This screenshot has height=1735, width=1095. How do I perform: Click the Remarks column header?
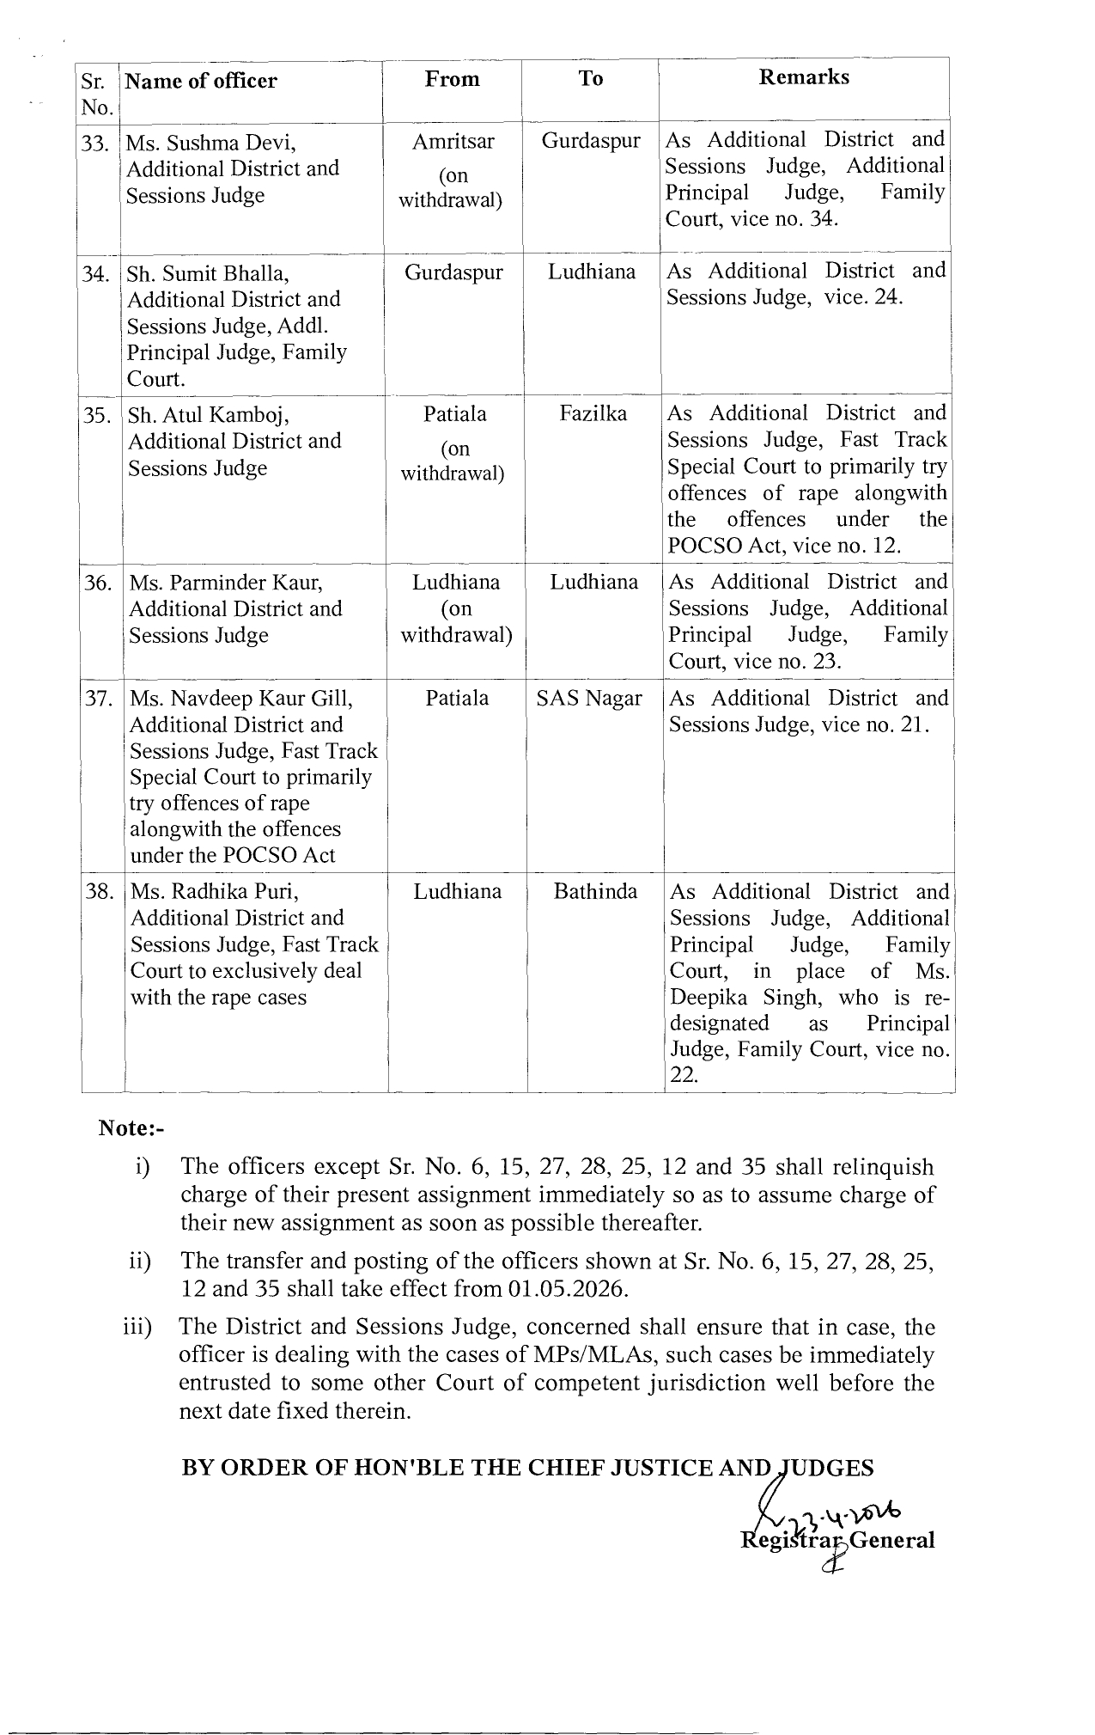pyautogui.click(x=804, y=77)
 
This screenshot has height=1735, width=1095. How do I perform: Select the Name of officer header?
pyautogui.click(x=202, y=81)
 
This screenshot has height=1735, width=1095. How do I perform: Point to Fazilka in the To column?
pyautogui.click(x=593, y=413)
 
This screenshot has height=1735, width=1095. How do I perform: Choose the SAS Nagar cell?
pyautogui.click(x=589, y=699)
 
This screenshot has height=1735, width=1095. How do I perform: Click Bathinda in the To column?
pyautogui.click(x=595, y=891)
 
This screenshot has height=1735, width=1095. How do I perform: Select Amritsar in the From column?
pyautogui.click(x=453, y=141)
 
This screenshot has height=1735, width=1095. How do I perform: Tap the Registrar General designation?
pyautogui.click(x=837, y=1540)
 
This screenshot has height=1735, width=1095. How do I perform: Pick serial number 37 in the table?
pyautogui.click(x=100, y=699)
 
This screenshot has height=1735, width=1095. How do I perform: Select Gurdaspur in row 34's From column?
pyautogui.click(x=453, y=272)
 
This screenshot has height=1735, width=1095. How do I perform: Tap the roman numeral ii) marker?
pyautogui.click(x=138, y=1262)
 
